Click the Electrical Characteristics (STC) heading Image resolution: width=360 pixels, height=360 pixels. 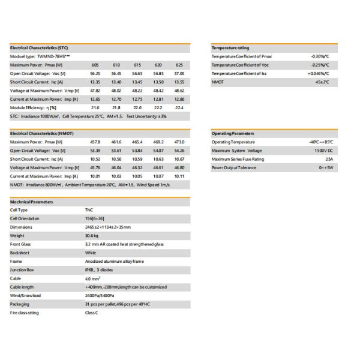pos(34,47)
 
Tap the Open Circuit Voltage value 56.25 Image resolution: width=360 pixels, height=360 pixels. pos(95,73)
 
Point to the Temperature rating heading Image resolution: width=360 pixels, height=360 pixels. pos(230,47)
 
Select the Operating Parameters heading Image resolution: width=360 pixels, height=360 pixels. pos(233,133)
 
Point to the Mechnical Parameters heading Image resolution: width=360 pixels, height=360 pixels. pos(32,202)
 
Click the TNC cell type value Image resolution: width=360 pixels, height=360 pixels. pos(89,210)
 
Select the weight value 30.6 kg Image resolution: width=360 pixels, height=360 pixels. pos(92,236)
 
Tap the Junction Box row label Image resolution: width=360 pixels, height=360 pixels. pos(22,270)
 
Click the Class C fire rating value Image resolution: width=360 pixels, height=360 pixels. pos(92,312)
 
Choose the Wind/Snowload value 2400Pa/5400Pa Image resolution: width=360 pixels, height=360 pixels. pos(101,295)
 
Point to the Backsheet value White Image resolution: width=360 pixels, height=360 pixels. pos(91,253)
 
